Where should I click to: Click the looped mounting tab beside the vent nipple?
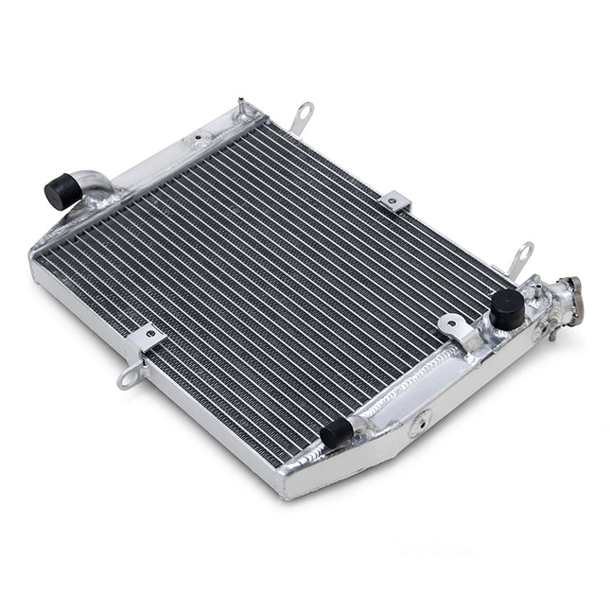click(x=303, y=116)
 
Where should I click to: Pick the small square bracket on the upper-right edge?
click(x=395, y=201)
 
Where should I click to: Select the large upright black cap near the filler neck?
click(x=507, y=308)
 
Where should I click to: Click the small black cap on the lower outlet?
click(x=336, y=433)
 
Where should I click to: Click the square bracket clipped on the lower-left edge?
click(x=148, y=340)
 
